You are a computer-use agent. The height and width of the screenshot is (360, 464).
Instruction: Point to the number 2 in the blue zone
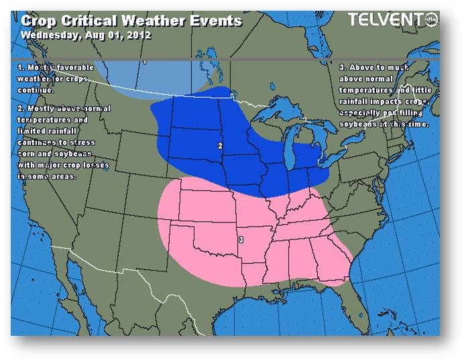click(221, 145)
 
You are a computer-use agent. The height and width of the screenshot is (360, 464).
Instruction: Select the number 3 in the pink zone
click(241, 239)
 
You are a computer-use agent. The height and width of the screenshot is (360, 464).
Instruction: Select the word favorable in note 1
click(75, 68)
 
